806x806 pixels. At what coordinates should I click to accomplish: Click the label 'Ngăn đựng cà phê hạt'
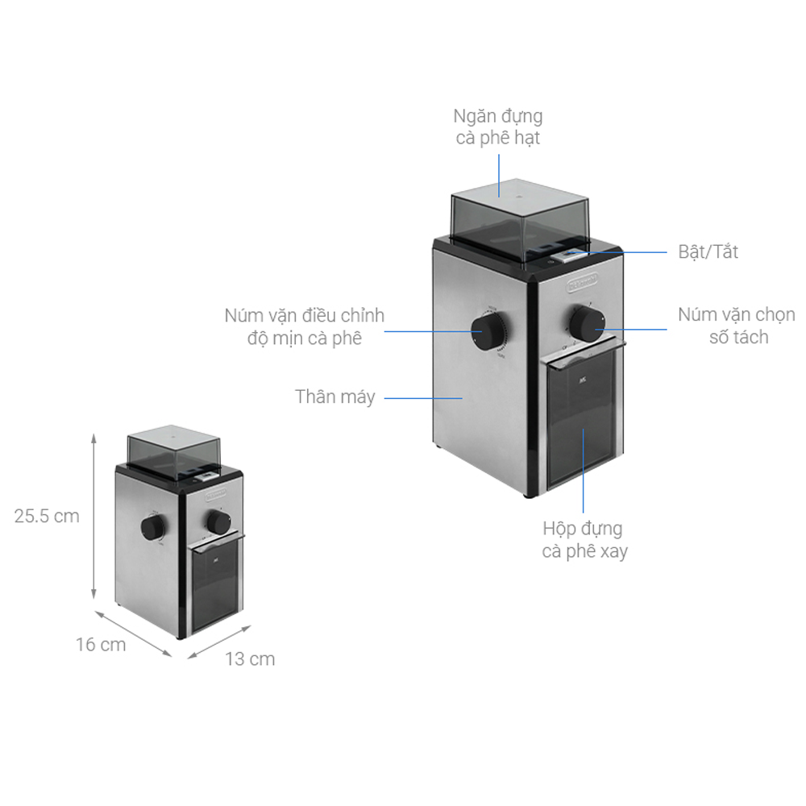coord(497,127)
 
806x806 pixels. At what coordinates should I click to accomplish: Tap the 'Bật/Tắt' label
coord(708,251)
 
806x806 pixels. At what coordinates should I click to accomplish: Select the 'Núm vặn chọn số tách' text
coord(736,326)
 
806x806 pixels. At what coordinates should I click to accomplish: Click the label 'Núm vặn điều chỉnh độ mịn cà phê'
coord(305,326)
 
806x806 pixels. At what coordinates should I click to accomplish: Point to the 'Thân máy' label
coord(334,397)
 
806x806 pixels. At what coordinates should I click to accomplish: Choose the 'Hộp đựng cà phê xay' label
coord(583,540)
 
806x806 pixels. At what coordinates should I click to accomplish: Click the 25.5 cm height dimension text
coord(47,516)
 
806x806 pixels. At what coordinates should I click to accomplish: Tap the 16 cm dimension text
coord(102,645)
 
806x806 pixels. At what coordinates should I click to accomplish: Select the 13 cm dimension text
coord(250,659)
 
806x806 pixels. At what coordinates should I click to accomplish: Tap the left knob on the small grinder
coord(152,527)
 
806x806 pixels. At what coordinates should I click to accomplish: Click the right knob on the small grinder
coord(217,521)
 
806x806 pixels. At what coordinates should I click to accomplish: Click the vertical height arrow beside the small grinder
coord(95,516)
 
